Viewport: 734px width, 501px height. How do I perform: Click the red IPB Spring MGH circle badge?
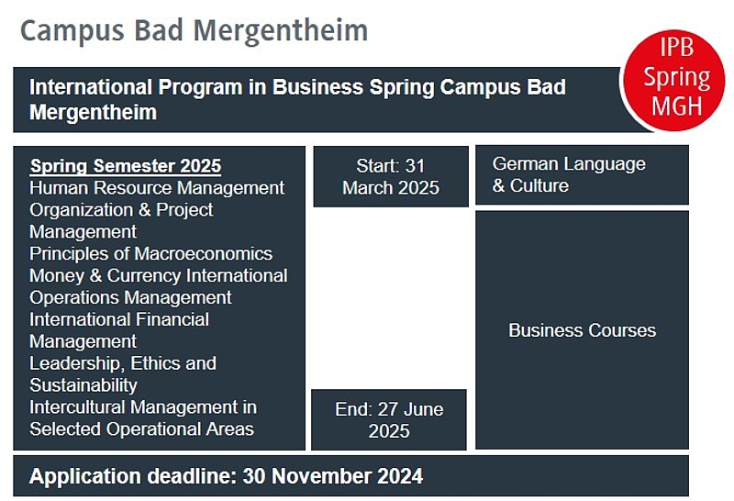[673, 80]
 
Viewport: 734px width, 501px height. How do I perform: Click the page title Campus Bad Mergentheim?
[194, 31]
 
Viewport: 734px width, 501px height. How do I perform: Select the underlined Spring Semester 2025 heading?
[126, 166]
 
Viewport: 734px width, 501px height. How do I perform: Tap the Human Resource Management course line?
[157, 188]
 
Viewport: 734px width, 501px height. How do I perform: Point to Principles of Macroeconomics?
[150, 253]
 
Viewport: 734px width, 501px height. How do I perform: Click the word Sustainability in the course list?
[83, 385]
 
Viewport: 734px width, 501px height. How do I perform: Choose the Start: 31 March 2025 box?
[391, 176]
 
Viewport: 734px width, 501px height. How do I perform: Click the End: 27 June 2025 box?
[389, 419]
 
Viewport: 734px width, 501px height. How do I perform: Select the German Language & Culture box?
[582, 174]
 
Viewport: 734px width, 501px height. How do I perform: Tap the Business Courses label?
[583, 330]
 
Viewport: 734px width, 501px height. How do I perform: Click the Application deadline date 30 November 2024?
[333, 476]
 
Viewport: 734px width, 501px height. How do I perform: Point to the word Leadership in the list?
[77, 363]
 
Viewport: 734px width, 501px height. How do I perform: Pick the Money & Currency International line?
[158, 275]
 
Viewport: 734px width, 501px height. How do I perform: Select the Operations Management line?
[130, 298]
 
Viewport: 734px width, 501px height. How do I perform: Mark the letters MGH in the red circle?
[677, 106]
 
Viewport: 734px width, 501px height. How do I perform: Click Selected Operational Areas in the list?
[142, 429]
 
